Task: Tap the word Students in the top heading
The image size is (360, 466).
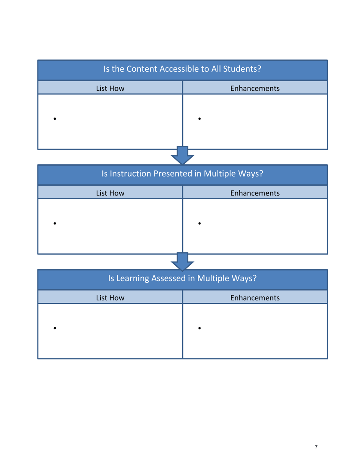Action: click(x=243, y=69)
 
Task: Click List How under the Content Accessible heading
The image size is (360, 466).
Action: click(x=110, y=88)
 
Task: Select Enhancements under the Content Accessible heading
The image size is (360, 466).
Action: click(x=255, y=88)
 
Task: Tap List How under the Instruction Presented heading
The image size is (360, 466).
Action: click(x=110, y=193)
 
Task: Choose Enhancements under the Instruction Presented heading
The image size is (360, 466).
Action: click(x=255, y=193)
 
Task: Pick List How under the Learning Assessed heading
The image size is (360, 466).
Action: click(x=110, y=298)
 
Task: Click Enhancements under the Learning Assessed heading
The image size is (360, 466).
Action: click(x=255, y=298)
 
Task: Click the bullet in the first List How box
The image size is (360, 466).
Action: click(x=55, y=119)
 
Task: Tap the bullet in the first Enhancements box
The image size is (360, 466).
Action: click(x=199, y=119)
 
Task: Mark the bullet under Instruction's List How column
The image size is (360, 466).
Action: click(x=55, y=224)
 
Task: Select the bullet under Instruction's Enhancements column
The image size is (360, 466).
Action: click(x=199, y=224)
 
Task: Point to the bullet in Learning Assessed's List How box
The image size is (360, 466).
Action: click(x=55, y=328)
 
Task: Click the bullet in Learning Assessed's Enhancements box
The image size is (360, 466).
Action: click(x=199, y=328)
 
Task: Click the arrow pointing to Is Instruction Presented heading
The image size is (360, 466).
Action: click(x=182, y=155)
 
